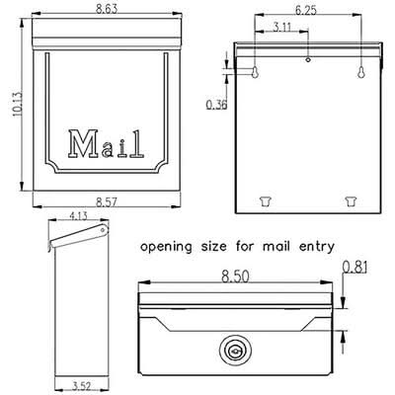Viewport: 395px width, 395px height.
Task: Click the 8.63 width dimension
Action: (x=107, y=9)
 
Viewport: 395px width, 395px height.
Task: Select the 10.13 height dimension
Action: (x=17, y=104)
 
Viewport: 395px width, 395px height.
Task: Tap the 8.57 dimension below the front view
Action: (x=107, y=202)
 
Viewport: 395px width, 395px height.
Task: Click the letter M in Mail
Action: (x=82, y=143)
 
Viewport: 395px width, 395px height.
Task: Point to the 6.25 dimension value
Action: (x=306, y=10)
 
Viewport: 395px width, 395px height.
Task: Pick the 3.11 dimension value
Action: (x=282, y=27)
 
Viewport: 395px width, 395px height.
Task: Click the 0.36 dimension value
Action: (x=216, y=105)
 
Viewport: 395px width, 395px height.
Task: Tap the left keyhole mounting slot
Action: (x=255, y=72)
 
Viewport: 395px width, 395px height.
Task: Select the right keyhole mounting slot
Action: (x=361, y=72)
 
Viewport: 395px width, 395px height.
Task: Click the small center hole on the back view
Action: (x=308, y=59)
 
